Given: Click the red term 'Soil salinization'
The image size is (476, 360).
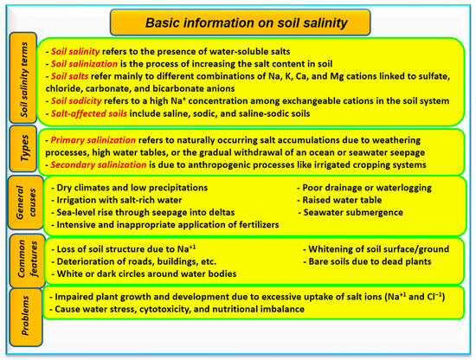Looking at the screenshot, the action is [92, 63].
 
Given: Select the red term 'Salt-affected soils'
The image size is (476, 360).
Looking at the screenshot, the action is [96, 112].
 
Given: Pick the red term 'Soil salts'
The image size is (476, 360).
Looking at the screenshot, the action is [74, 75].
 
